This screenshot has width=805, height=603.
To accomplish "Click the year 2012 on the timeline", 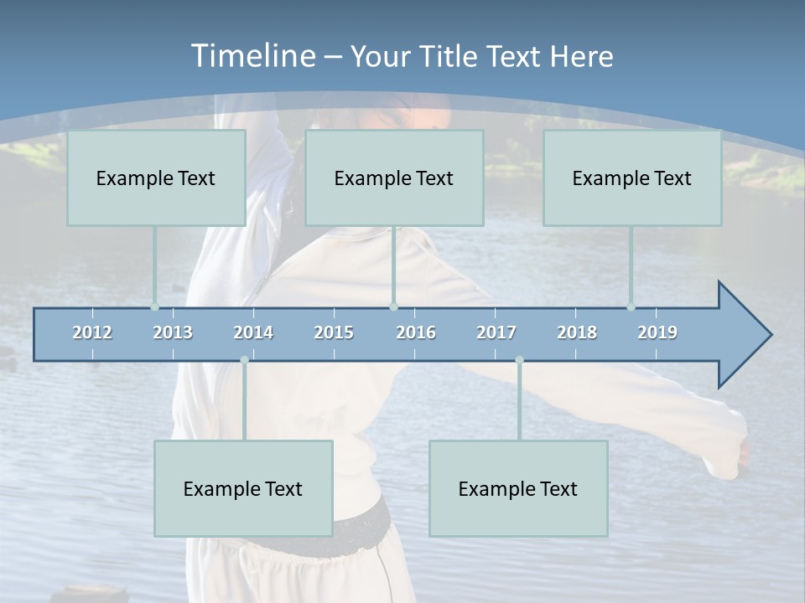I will tap(92, 332).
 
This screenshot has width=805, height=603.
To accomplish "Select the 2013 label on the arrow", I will tap(173, 332).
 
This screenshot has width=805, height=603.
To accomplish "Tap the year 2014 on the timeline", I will tap(253, 332).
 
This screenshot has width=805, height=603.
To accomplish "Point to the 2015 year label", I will tap(334, 332).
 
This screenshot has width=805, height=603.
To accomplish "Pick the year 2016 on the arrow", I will tap(416, 332).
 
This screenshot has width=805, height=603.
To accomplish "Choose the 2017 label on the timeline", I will tap(496, 332).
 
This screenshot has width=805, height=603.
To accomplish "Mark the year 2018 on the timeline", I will tap(577, 332).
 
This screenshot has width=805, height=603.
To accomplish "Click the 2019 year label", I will tap(657, 332).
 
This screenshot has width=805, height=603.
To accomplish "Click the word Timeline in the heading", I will tap(252, 56).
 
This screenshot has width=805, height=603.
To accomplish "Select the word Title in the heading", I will tap(449, 57).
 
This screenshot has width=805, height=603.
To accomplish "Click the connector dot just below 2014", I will tap(244, 360).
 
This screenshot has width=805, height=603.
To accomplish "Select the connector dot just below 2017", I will tap(519, 360).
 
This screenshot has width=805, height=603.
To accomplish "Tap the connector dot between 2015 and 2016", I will tap(393, 307).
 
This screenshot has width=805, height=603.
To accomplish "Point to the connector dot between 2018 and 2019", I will tap(631, 307).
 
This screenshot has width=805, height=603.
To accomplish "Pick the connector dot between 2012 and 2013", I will tap(154, 307).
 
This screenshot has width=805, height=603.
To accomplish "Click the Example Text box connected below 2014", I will tap(243, 488).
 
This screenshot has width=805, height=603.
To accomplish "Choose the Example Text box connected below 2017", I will tap(518, 488).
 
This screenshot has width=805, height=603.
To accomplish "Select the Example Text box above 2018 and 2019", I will tap(632, 178).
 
